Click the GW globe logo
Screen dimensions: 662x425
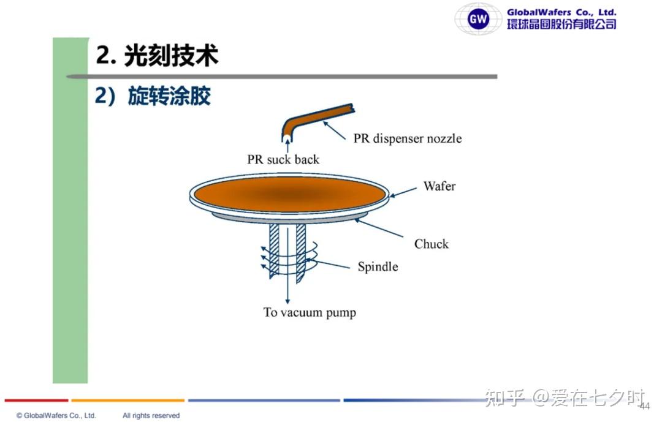478,18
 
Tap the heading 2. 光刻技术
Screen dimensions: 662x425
157,55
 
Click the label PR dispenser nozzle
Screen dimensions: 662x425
408,138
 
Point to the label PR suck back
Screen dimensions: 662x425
283,159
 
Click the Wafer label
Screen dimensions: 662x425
439,186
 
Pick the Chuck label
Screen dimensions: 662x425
431,244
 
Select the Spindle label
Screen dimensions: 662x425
378,266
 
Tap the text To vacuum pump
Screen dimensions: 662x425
310,312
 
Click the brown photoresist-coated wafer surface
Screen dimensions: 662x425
291,194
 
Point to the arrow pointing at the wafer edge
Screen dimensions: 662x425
403,192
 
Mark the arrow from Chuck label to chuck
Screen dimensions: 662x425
379,228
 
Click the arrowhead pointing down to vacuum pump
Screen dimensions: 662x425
287,301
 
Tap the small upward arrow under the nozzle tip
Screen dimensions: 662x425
288,146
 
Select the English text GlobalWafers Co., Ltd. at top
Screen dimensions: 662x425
561,12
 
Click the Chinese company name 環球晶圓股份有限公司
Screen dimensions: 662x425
561,24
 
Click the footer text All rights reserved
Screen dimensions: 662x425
151,415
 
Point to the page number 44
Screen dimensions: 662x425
645,407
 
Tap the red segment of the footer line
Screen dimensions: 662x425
36,400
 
